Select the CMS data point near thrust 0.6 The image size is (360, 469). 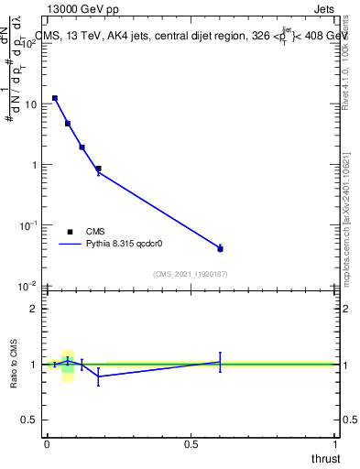(220, 248)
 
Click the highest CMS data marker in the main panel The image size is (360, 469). (55, 98)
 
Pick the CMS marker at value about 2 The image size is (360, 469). (82, 147)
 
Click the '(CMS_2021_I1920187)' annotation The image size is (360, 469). (190, 272)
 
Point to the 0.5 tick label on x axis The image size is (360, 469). (191, 443)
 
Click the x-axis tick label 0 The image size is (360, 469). (46, 443)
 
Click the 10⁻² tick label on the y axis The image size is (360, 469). (27, 285)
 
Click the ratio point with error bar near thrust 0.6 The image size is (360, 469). (220, 362)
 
